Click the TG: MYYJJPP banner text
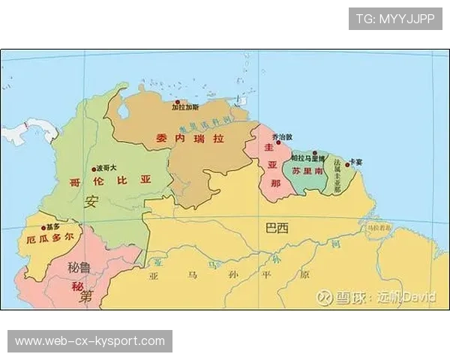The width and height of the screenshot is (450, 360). pyautogui.click(x=395, y=19)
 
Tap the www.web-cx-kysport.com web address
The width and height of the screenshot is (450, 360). pyautogui.click(x=90, y=341)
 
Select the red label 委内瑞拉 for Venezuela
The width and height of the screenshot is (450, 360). pyautogui.click(x=190, y=139)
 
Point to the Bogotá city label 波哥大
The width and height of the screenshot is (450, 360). pyautogui.click(x=104, y=169)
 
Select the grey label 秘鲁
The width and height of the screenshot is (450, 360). pyautogui.click(x=79, y=267)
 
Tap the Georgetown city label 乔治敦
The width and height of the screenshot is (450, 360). pyautogui.click(x=282, y=137)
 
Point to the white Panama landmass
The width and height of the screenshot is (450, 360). pyautogui.click(x=30, y=133)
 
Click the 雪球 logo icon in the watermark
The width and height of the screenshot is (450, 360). pyautogui.click(x=322, y=298)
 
